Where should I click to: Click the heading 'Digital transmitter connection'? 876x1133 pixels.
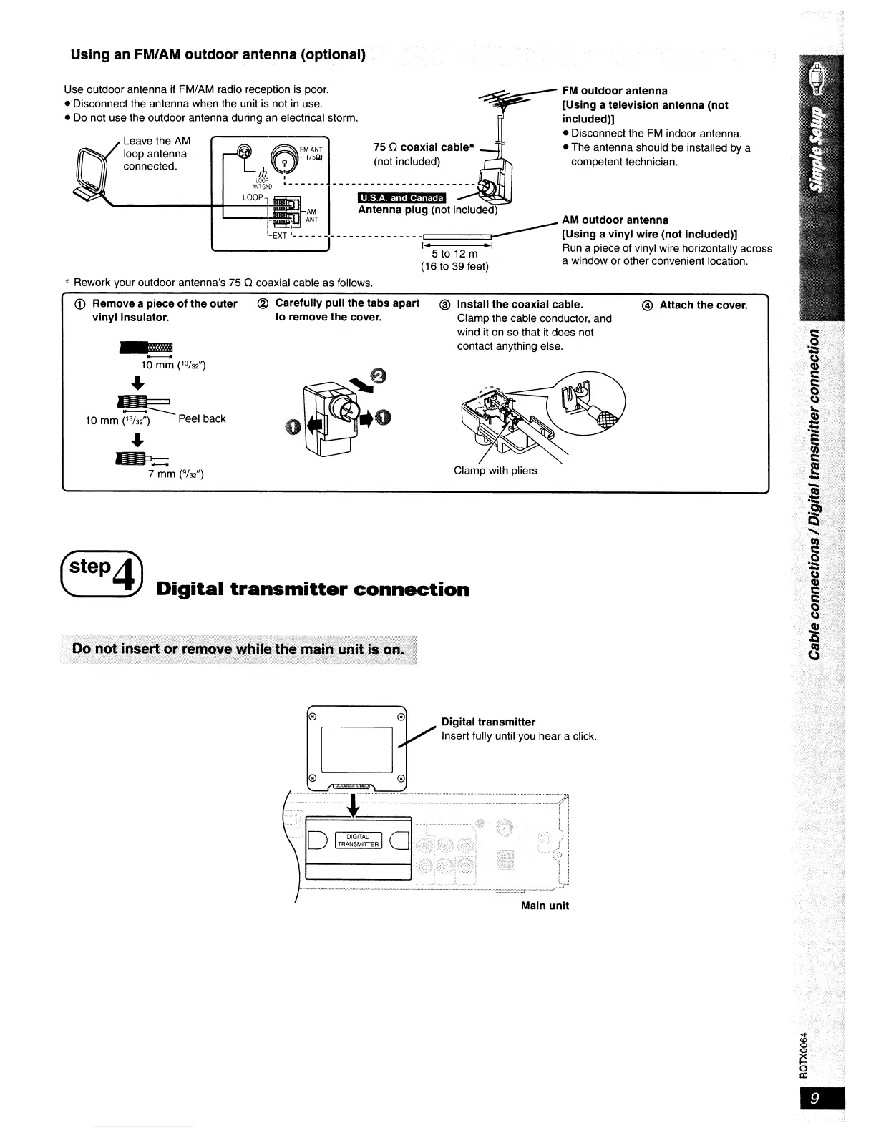[x=313, y=589]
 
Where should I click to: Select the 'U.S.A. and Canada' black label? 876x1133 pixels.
[x=401, y=198]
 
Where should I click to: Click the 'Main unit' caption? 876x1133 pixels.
[x=545, y=906]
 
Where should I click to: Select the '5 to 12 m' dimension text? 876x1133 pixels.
[x=454, y=254]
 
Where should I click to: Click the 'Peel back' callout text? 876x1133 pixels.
[x=202, y=418]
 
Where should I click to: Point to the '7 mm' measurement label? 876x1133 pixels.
[x=176, y=474]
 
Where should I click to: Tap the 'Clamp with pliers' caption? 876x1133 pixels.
[x=495, y=471]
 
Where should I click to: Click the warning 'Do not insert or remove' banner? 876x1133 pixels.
[x=238, y=649]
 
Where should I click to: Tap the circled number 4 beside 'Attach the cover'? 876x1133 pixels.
[x=647, y=305]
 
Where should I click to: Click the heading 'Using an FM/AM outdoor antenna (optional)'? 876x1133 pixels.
[x=218, y=55]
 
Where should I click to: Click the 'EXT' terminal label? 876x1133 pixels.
[x=279, y=236]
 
